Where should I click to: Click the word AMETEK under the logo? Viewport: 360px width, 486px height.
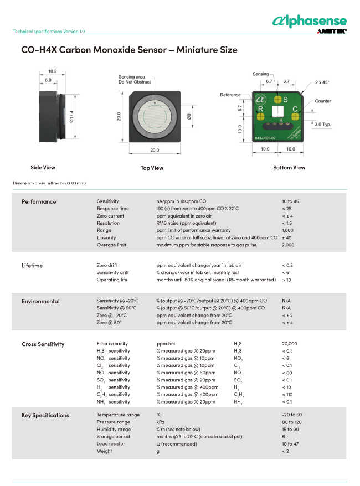click(x=332, y=32)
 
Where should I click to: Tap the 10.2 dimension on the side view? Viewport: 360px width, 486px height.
click(x=53, y=71)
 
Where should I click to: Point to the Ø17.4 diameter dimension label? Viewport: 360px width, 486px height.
click(x=71, y=117)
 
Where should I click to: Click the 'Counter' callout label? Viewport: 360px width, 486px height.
click(x=323, y=101)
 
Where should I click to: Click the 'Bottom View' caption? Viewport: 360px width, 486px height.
click(x=289, y=167)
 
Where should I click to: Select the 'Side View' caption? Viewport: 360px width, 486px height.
click(x=43, y=167)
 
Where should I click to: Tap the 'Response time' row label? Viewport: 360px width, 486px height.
click(x=112, y=209)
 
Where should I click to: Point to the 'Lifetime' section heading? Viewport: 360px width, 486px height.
click(x=32, y=266)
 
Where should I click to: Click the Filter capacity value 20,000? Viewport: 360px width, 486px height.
click(x=290, y=344)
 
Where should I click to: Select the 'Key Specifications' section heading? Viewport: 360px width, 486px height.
click(x=45, y=415)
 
